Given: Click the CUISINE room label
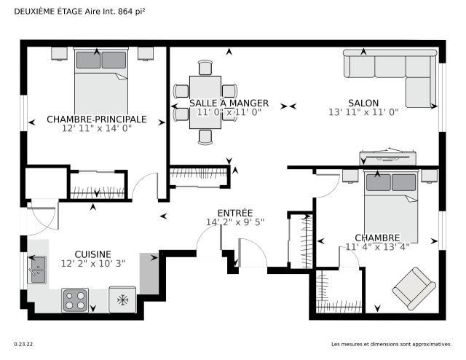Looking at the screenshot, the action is click(x=92, y=254).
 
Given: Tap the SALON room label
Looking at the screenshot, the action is click(x=363, y=103).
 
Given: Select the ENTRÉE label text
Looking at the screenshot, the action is click(x=235, y=213).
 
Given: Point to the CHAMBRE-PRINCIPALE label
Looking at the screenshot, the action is click(x=97, y=119).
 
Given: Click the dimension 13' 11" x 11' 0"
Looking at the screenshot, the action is click(x=363, y=112).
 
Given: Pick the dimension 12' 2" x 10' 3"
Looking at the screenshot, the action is click(x=92, y=264).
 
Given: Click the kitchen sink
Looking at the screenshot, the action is click(x=37, y=270).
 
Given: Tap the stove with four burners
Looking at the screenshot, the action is click(x=75, y=300).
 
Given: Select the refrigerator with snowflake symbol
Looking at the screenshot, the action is click(x=122, y=300).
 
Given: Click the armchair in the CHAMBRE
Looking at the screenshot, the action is click(x=414, y=289).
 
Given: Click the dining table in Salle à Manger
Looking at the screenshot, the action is click(x=205, y=102).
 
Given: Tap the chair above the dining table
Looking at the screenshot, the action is click(x=205, y=68).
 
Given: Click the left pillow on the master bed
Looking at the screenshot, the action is click(x=88, y=60).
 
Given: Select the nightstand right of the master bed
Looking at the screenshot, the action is click(x=146, y=54).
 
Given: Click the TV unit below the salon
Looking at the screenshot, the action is click(x=387, y=157).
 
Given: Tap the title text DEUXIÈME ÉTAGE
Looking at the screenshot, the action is click(x=49, y=12).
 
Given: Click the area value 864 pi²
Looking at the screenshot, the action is click(x=132, y=12).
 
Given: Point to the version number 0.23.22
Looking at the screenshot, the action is click(x=23, y=344).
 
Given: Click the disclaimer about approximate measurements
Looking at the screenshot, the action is click(x=392, y=344).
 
